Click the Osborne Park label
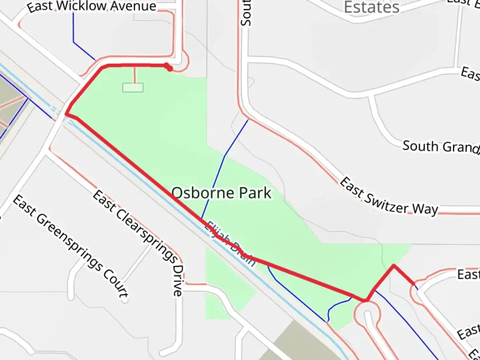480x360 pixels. (221, 193)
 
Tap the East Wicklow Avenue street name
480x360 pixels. (92, 7)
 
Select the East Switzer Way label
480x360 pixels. (389, 197)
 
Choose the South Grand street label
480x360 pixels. (440, 147)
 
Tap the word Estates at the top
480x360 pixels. (371, 7)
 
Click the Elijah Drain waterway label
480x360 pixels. (230, 244)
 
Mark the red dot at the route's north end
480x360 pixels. (170, 68)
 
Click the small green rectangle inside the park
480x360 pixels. (133, 88)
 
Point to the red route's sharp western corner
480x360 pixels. (66, 114)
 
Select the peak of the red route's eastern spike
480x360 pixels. (394, 265)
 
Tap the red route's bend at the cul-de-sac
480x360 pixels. (366, 300)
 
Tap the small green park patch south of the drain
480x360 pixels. (227, 287)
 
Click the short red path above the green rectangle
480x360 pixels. (135, 75)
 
